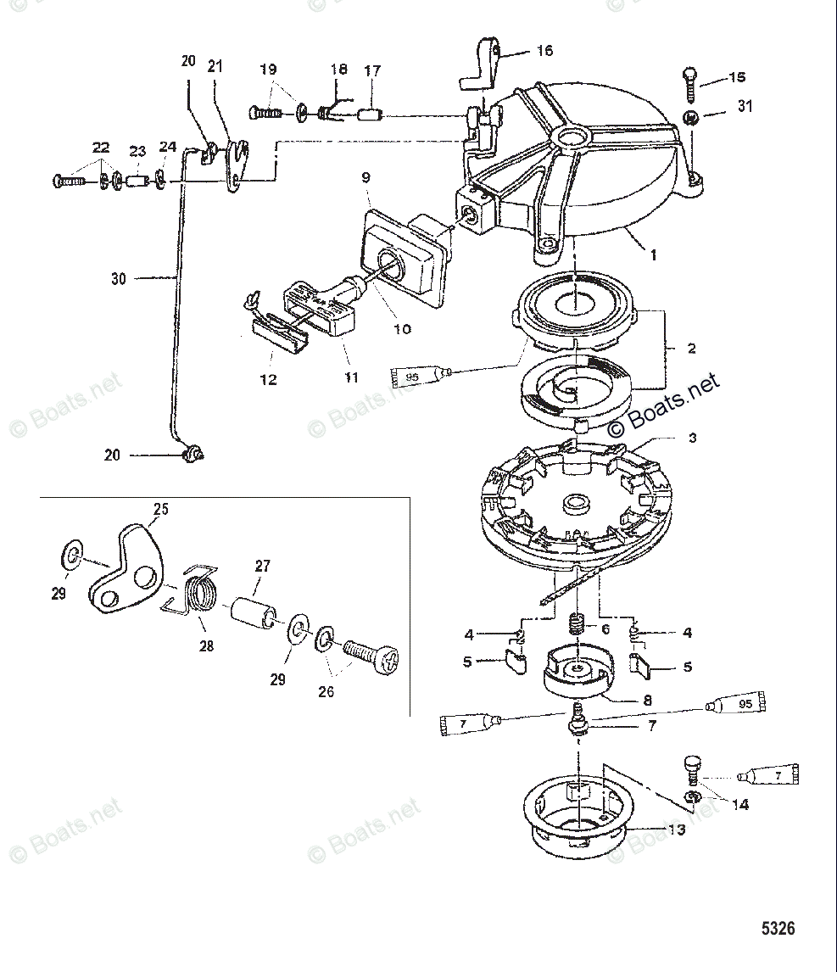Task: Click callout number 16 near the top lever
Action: click(x=544, y=51)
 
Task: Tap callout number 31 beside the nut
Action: click(x=744, y=106)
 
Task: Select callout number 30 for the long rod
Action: click(x=118, y=278)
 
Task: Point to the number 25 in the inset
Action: click(x=160, y=509)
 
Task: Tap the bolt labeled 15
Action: click(x=688, y=84)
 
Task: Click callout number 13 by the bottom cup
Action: click(x=676, y=830)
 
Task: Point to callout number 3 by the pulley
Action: click(x=692, y=438)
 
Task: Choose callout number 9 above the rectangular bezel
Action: click(x=365, y=178)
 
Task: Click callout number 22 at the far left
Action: click(x=100, y=148)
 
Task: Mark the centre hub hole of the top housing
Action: click(x=572, y=136)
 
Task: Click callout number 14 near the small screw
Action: click(x=740, y=804)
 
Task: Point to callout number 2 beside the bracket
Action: click(x=691, y=348)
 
